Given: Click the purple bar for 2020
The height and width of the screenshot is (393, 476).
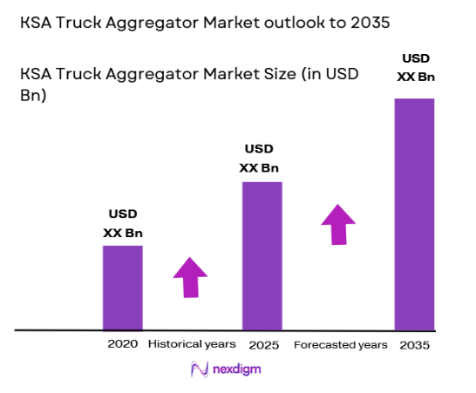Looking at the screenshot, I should [123, 288].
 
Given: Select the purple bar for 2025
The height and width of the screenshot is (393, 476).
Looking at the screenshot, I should [262, 256].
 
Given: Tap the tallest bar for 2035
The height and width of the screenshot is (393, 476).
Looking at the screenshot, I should [414, 214].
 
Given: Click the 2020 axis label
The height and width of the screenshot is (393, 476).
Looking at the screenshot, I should [123, 345].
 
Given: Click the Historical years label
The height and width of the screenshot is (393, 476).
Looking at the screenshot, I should [192, 345].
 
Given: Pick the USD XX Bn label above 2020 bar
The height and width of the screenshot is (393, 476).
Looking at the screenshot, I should [123, 223].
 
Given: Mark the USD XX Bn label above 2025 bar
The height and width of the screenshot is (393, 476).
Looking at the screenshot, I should [262, 159].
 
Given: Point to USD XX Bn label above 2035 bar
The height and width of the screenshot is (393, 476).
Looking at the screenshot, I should [414, 67].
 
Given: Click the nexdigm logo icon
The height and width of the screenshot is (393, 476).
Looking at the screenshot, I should [198, 369].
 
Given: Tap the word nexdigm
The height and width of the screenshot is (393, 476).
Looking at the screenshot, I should [236, 369].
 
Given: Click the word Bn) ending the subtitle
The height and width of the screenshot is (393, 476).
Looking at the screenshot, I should [34, 96].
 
